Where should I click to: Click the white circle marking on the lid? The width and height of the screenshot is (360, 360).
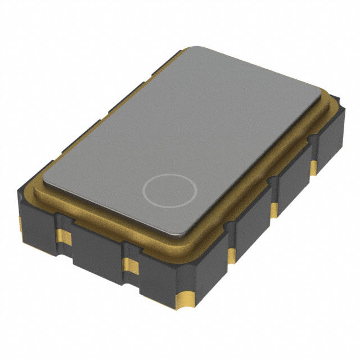(169, 190)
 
